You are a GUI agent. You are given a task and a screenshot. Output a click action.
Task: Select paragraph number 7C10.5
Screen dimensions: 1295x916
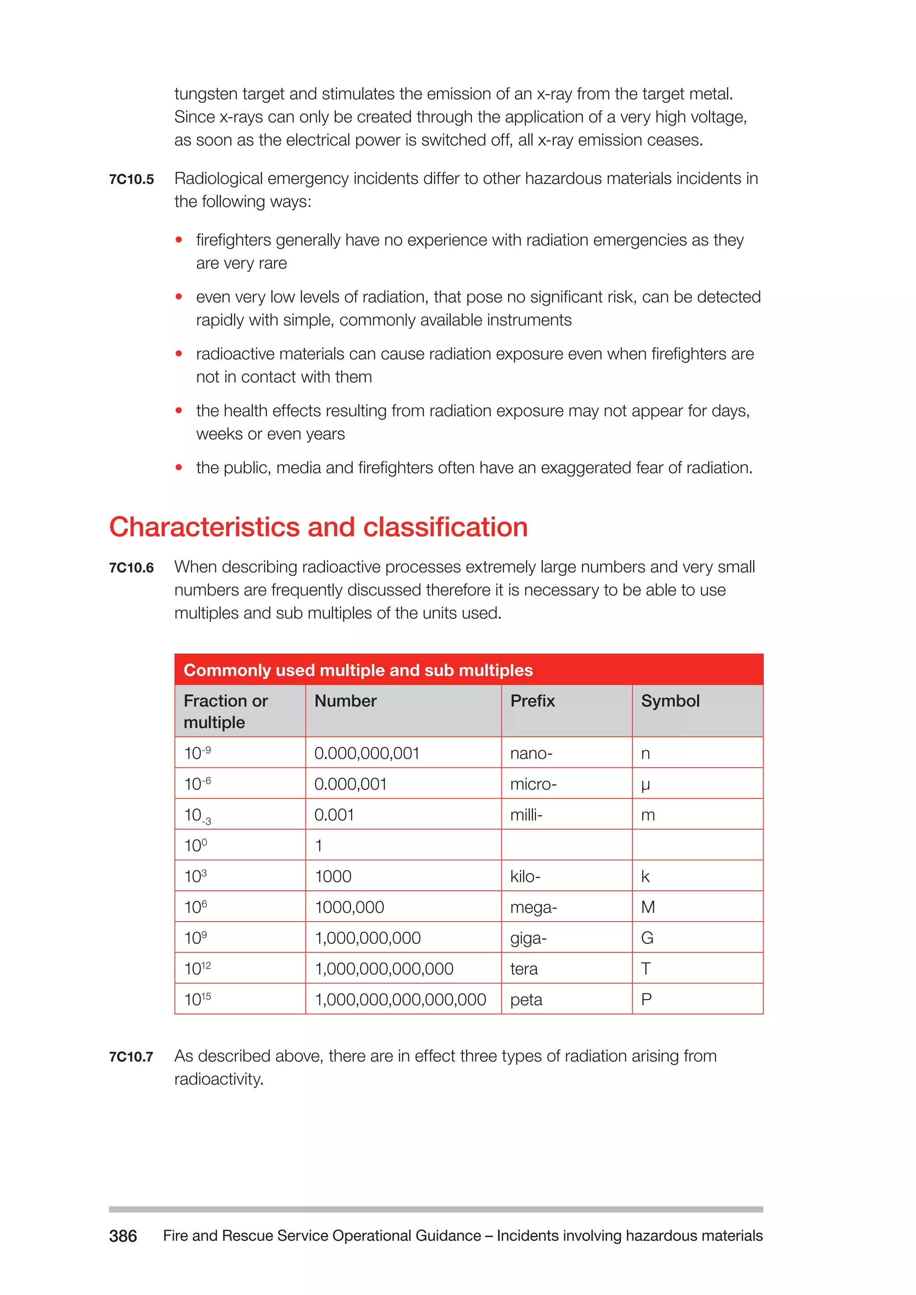131,179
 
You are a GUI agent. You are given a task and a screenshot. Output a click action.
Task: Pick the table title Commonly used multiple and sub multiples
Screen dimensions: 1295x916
358,669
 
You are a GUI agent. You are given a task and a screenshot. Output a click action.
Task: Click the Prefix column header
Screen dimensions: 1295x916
532,701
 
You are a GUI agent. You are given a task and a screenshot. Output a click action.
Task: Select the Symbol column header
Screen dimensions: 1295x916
670,701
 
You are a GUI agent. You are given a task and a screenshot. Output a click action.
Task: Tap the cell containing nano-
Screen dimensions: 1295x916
531,753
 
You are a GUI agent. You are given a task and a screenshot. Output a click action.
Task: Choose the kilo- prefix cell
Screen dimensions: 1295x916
525,876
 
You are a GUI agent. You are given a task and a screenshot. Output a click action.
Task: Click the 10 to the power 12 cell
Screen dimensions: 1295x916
197,969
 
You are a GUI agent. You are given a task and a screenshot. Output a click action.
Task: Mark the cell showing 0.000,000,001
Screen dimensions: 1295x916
367,753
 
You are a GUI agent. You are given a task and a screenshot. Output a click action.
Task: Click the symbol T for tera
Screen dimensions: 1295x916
646,969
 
